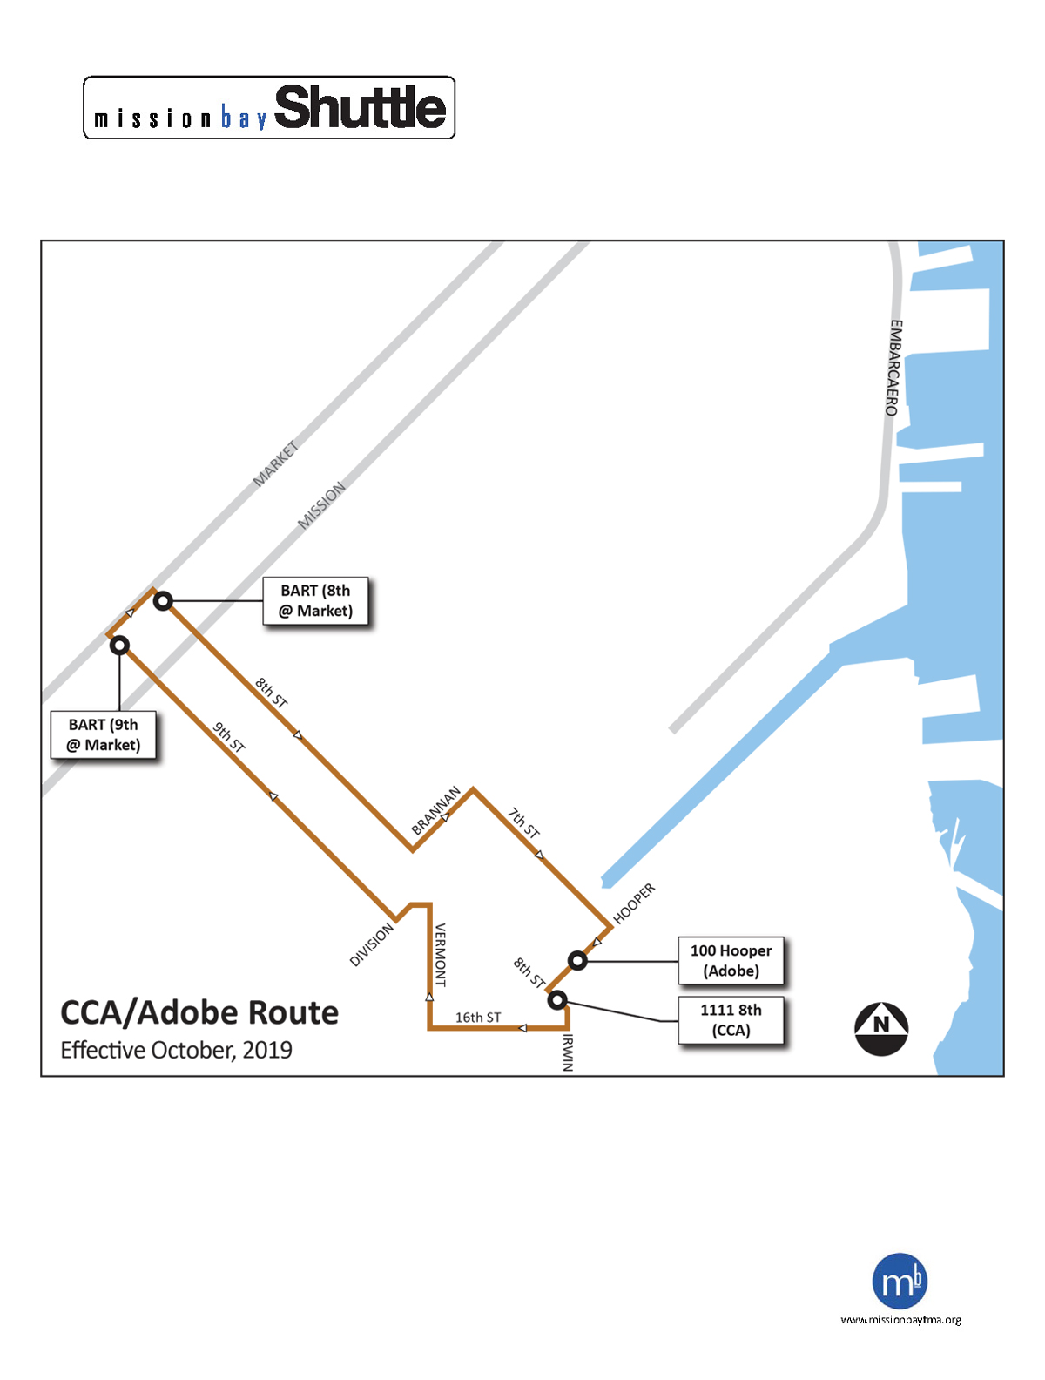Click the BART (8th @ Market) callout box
[x=315, y=600]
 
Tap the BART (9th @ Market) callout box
[x=103, y=734]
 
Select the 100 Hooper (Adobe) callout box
[x=731, y=960]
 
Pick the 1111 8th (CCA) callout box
[x=731, y=1020]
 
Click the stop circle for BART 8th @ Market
[x=164, y=601]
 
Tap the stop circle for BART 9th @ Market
[x=119, y=645]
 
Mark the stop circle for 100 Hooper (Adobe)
[x=577, y=960]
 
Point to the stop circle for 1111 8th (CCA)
[x=557, y=999]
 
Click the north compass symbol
[x=881, y=1029]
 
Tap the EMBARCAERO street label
[x=893, y=368]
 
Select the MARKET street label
[x=275, y=464]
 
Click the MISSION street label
[x=321, y=505]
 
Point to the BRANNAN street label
[x=435, y=810]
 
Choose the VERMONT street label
[x=441, y=954]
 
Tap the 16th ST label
[x=478, y=1018]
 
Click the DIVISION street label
[x=371, y=944]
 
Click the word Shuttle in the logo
[x=360, y=107]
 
